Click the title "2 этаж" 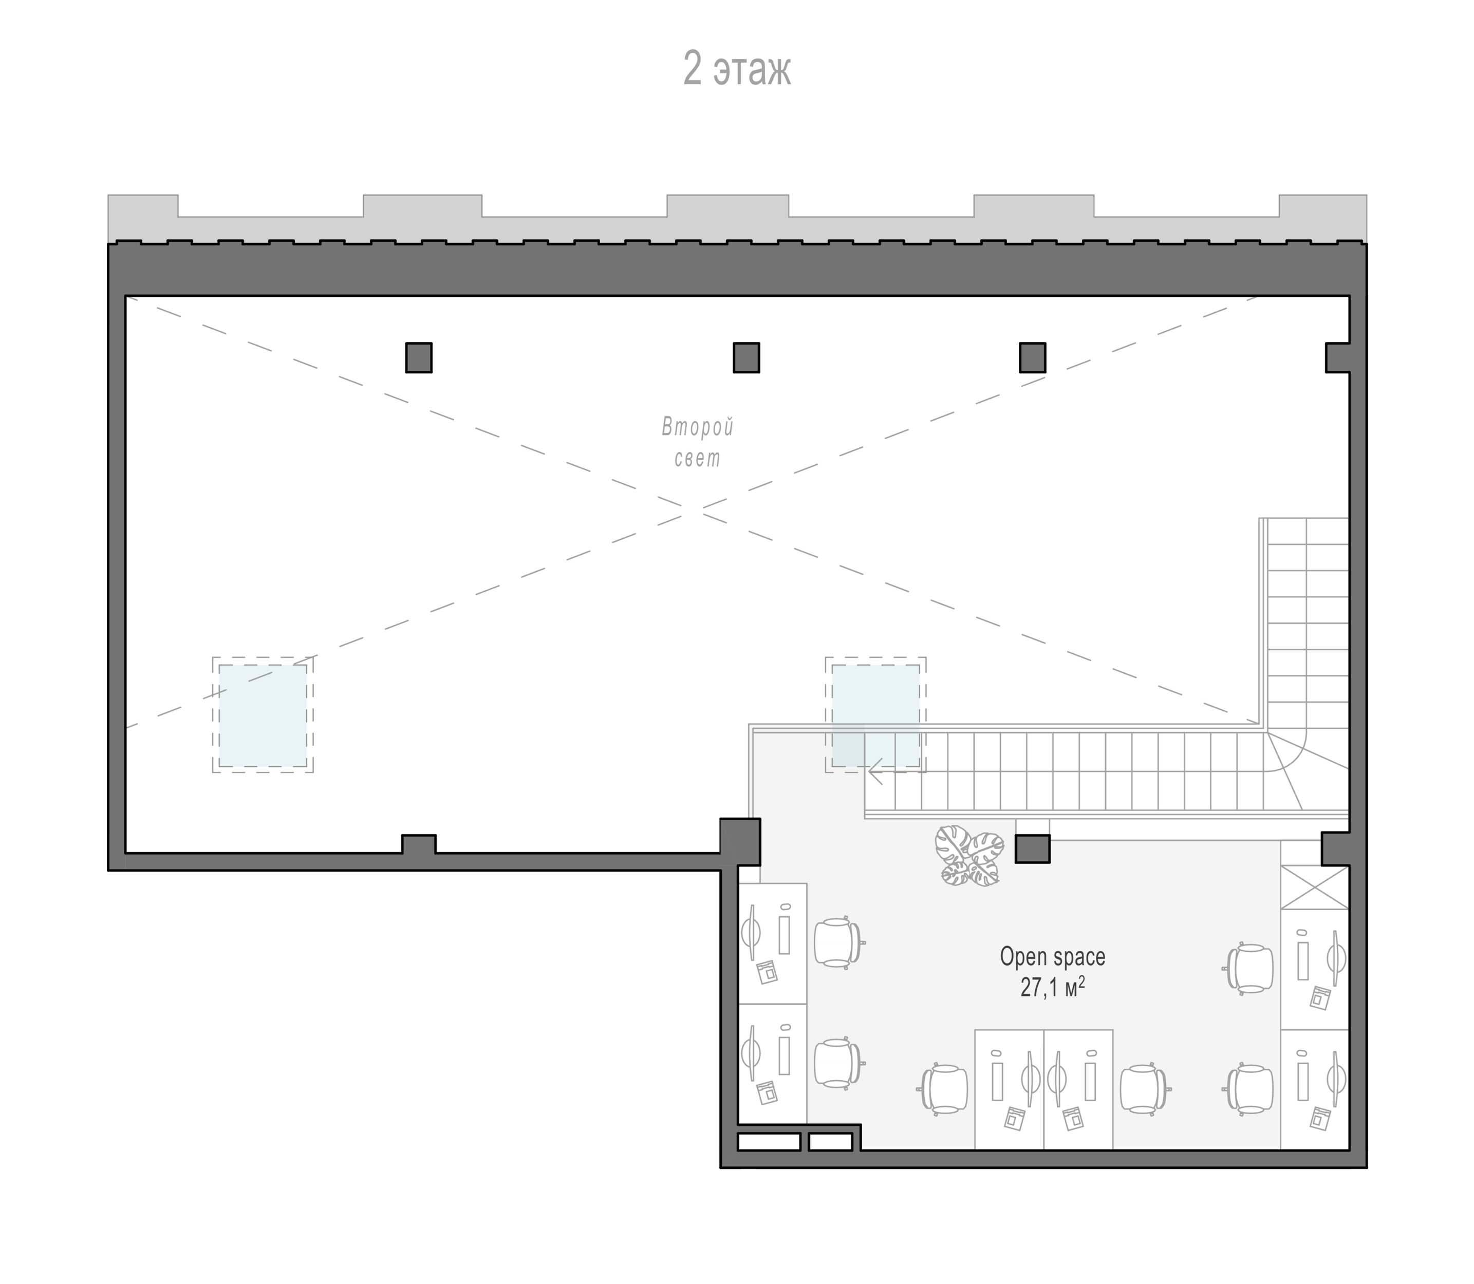coord(737,69)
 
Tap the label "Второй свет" coord(697,443)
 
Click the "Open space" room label coord(1052,956)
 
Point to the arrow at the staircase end coord(875,773)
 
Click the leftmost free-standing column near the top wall coord(419,357)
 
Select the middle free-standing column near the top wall coord(746,357)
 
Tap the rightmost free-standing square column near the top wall coord(1033,357)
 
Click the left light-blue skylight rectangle coord(263,715)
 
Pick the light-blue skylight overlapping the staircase coord(875,715)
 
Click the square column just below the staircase coord(1033,849)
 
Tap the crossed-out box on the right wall coord(1314,888)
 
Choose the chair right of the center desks coord(1144,1090)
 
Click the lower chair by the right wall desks coord(1248,1090)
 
